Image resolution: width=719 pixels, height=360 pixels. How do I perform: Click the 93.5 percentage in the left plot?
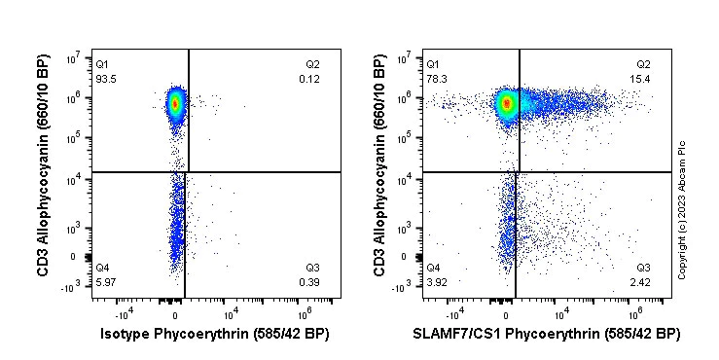tap(105, 79)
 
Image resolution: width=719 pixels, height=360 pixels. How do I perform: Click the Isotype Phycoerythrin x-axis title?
tap(215, 335)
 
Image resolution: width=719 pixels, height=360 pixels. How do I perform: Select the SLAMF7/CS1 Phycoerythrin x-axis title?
tap(546, 335)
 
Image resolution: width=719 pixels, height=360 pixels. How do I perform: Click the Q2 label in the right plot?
tap(643, 64)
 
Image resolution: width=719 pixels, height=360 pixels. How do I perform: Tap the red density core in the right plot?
tap(506, 102)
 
